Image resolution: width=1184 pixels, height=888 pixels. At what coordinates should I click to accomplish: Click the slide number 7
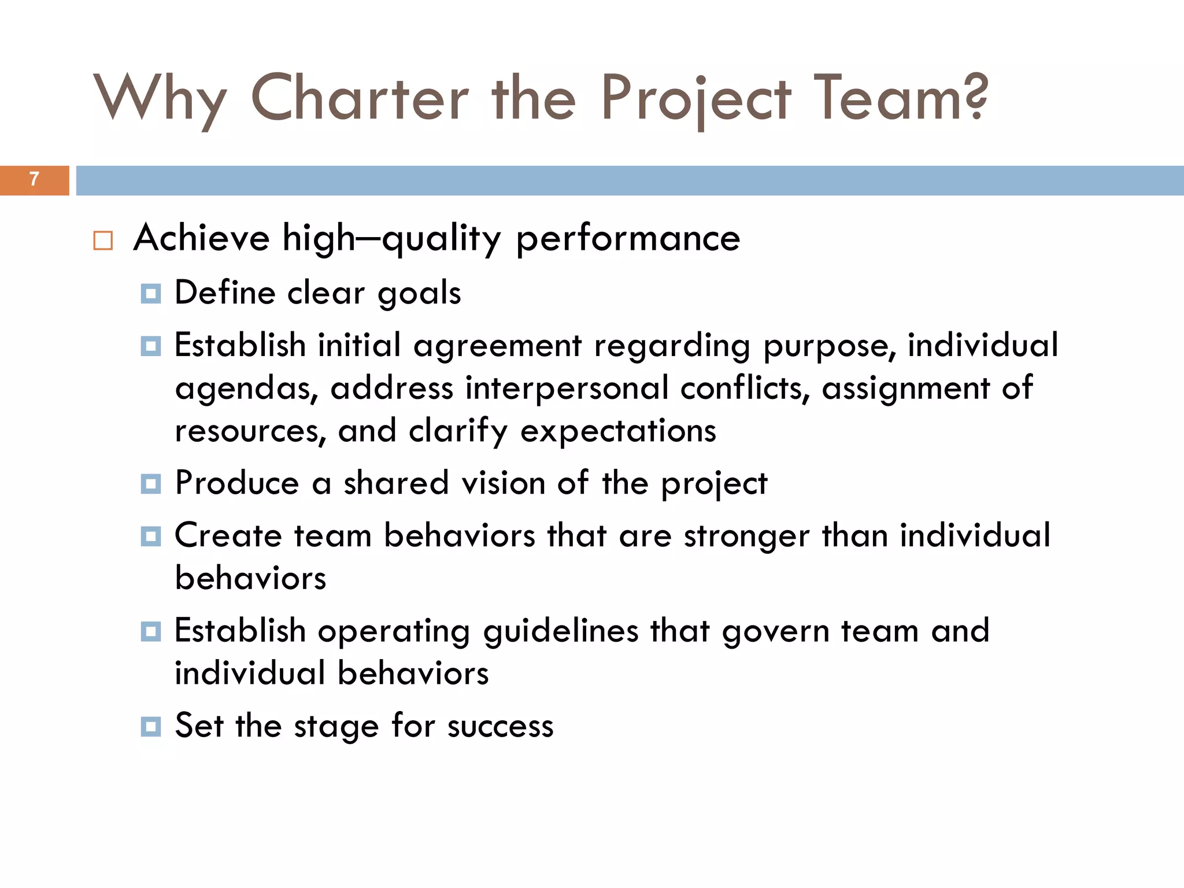[34, 179]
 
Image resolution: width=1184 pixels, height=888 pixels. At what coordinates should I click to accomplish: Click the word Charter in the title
[360, 98]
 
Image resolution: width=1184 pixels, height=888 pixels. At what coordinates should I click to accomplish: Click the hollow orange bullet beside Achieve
[103, 240]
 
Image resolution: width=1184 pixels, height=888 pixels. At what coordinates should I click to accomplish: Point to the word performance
[628, 238]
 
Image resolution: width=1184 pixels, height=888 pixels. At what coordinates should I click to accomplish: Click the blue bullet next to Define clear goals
[151, 294]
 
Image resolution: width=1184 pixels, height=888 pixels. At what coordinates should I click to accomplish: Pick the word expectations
[618, 431]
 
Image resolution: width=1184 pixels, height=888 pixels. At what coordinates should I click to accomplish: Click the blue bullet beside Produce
[151, 484]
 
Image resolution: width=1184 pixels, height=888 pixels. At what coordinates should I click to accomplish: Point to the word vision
[503, 483]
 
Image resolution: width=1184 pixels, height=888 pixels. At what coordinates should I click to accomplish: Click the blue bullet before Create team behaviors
[151, 536]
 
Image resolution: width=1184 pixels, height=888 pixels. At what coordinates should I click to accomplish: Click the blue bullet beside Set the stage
[151, 726]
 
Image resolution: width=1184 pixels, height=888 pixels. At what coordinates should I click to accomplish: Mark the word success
[500, 727]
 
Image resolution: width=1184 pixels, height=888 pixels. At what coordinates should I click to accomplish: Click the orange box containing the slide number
[34, 180]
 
